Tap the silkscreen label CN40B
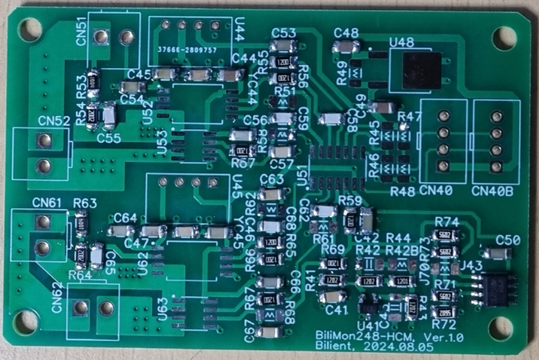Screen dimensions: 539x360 point(492,191)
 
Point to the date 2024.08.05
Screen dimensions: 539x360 point(398,346)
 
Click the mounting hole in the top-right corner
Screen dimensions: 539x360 point(504,38)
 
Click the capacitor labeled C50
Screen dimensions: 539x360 point(497,254)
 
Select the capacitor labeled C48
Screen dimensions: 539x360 point(346,46)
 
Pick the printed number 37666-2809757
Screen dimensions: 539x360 point(187,50)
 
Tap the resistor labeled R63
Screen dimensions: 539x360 point(82,223)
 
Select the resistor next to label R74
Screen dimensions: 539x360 point(445,235)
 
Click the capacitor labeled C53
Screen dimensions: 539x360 point(283,45)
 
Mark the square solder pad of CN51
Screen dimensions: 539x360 point(100,38)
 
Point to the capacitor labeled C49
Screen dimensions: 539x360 point(382,107)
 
